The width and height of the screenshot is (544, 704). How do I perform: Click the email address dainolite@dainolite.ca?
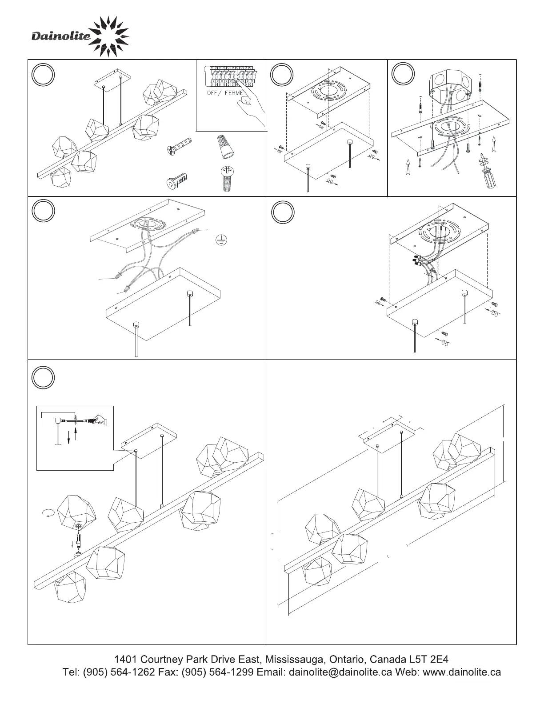pos(340,672)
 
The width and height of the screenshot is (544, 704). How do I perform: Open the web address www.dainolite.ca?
pos(462,672)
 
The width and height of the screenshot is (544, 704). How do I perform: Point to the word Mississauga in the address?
pos(293,659)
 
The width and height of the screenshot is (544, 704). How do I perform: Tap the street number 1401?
pos(125,659)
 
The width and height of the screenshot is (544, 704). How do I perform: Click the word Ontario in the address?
pos(345,659)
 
